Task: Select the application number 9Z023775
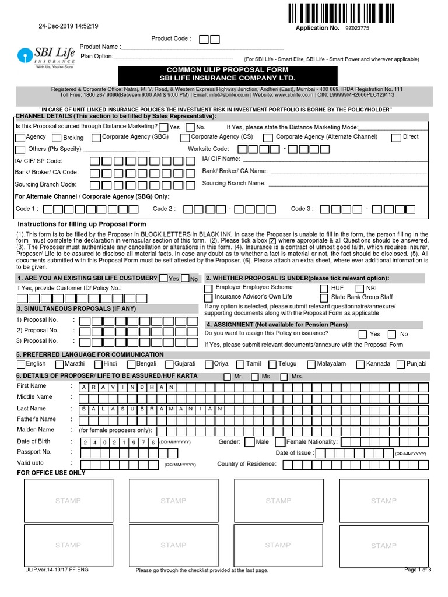tap(356, 28)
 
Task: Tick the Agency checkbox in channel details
tap(20, 138)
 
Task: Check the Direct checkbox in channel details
tap(397, 138)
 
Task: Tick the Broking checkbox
tap(57, 138)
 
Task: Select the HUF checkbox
tap(324, 289)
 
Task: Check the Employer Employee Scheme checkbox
tap(208, 289)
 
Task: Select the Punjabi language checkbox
tap(400, 364)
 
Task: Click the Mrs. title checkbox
tap(283, 377)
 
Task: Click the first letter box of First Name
tap(85, 387)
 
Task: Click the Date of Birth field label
tap(34, 441)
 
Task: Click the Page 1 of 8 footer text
tap(417, 570)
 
